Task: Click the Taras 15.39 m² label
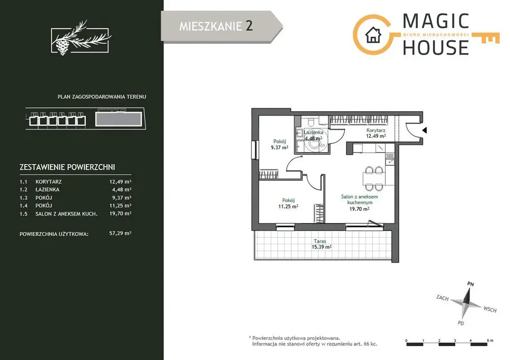321,244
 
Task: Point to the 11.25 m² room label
288,203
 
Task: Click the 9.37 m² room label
279,144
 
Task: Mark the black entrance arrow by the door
424,131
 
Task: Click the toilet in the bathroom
311,122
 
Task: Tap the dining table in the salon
374,178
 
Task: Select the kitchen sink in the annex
390,159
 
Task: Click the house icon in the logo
373,35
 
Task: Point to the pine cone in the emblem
62,46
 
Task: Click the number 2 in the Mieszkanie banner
249,25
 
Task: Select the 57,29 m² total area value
120,233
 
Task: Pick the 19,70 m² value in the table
120,214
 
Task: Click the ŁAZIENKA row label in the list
47,190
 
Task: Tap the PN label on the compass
470,284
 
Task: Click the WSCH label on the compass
490,309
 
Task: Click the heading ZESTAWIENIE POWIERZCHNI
67,167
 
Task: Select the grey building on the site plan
119,119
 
